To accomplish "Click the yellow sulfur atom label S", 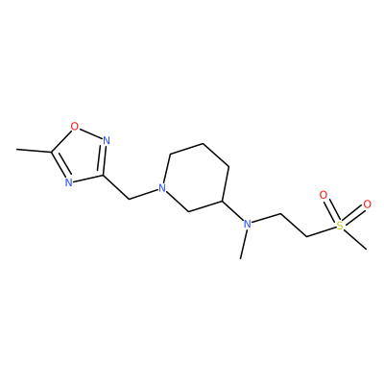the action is pos(340,226).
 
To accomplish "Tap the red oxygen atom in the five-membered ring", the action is pos(74,127).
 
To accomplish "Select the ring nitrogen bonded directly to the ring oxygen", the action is pos(107,141).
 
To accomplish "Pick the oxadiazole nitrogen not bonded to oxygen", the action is pos(68,182).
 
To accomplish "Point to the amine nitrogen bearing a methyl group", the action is pos(247,224).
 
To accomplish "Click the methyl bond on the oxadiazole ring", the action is pos(34,150).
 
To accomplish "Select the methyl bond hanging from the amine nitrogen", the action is pos(244,244).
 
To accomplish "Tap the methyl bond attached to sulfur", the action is pos(355,239).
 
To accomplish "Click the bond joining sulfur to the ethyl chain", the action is pos(322,232).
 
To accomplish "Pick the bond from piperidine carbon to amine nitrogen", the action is pos(232,212).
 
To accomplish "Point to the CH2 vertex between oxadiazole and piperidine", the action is pos(129,200).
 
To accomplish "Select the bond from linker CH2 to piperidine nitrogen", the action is pos(144,195).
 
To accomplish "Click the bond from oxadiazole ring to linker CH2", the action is pos(116,187).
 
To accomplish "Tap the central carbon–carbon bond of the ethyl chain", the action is pos(294,226).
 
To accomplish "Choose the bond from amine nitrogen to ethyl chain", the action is pos(266,218).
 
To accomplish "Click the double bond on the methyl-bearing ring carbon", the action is pos(60,164).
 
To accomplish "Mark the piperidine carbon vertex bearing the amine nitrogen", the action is pos(222,201).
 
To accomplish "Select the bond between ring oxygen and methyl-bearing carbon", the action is pos(61,140).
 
